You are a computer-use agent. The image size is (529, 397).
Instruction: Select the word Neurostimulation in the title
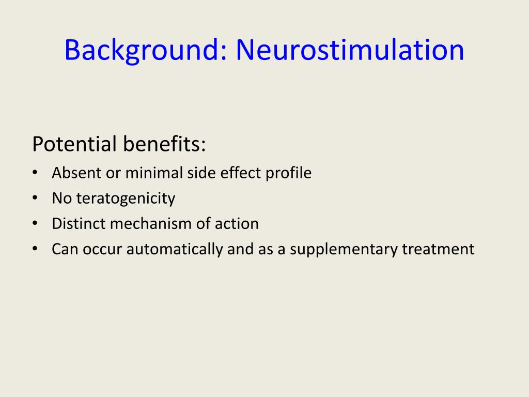coord(350,50)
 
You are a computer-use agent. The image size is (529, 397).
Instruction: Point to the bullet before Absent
coord(35,173)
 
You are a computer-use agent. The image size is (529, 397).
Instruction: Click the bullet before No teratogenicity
coord(35,198)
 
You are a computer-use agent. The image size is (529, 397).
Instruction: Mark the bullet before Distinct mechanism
coord(35,223)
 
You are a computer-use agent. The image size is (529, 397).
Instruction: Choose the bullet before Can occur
coord(35,249)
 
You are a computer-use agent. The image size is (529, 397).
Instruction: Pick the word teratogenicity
coord(126,198)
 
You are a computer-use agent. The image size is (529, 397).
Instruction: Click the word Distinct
coord(79,224)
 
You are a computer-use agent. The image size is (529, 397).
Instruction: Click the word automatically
coord(175,250)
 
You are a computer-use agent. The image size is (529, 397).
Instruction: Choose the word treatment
coord(438,249)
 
